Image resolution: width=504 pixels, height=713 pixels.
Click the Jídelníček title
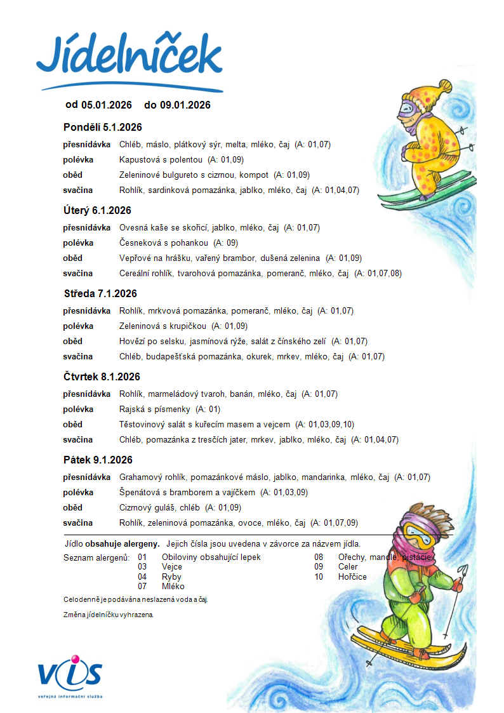129,56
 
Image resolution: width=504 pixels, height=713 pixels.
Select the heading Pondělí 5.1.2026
102,127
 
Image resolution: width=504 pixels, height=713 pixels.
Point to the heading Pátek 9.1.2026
98,460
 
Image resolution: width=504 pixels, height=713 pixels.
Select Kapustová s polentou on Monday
161,159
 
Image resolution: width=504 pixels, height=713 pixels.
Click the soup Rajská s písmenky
154,410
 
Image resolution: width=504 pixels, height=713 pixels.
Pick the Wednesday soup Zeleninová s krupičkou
162,326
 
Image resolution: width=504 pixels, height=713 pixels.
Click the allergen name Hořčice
352,576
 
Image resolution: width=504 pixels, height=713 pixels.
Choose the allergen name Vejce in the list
172,567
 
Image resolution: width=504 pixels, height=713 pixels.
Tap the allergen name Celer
348,567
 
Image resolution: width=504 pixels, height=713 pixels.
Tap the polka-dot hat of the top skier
426,95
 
